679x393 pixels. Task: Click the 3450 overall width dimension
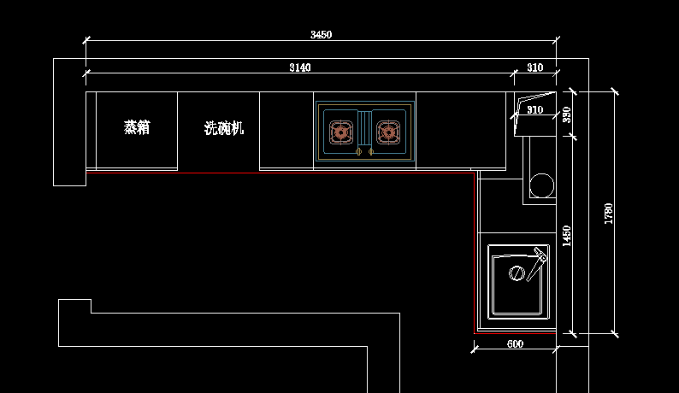click(321, 35)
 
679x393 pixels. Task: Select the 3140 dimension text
click(299, 67)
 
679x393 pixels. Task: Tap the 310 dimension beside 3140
click(534, 67)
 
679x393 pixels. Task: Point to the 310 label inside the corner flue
click(534, 110)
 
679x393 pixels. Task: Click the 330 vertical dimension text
click(566, 114)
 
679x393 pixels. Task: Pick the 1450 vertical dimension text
click(566, 236)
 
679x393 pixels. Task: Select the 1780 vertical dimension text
click(609, 213)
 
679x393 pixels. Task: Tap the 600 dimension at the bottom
click(515, 343)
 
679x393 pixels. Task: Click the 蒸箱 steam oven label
click(137, 128)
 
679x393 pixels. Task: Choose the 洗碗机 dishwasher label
click(224, 129)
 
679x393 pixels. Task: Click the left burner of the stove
click(342, 132)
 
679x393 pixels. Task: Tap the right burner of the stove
click(388, 132)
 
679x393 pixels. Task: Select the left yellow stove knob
click(359, 152)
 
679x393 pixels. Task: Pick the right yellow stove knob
click(371, 152)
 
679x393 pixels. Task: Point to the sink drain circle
click(517, 273)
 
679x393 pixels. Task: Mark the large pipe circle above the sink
click(541, 184)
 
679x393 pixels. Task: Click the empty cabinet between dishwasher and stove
click(286, 130)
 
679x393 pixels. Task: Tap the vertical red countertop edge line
click(474, 252)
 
